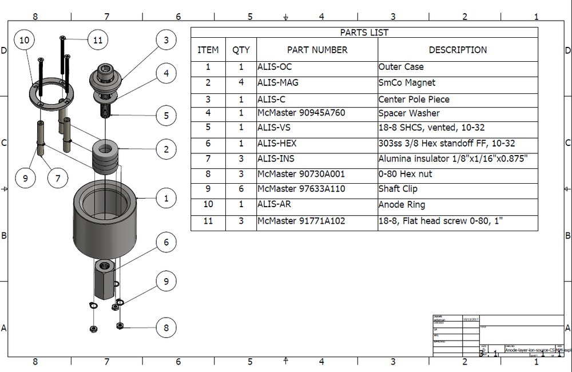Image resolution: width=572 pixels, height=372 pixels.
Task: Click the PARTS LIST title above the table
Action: click(x=364, y=33)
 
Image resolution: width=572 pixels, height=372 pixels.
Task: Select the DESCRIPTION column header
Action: click(x=458, y=50)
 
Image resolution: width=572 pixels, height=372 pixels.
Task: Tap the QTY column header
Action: click(x=241, y=50)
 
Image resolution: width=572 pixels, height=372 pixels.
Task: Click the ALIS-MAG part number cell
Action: click(x=277, y=83)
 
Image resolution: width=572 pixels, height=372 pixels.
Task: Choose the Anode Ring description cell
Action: click(x=402, y=205)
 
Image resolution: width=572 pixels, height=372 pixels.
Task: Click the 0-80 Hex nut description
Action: click(x=405, y=174)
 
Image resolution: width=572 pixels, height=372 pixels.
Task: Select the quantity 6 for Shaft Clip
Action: click(x=241, y=189)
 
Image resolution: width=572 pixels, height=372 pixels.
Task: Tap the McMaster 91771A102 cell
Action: click(x=301, y=221)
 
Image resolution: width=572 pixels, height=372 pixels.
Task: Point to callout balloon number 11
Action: click(x=98, y=40)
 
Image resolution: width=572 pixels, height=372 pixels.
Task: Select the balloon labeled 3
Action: click(x=166, y=40)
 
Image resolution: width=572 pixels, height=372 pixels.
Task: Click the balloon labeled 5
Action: click(x=166, y=116)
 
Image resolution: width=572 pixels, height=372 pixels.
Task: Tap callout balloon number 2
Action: click(x=166, y=150)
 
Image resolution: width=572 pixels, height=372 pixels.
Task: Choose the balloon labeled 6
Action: click(x=166, y=242)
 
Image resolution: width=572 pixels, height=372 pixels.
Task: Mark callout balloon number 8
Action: click(x=166, y=328)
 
